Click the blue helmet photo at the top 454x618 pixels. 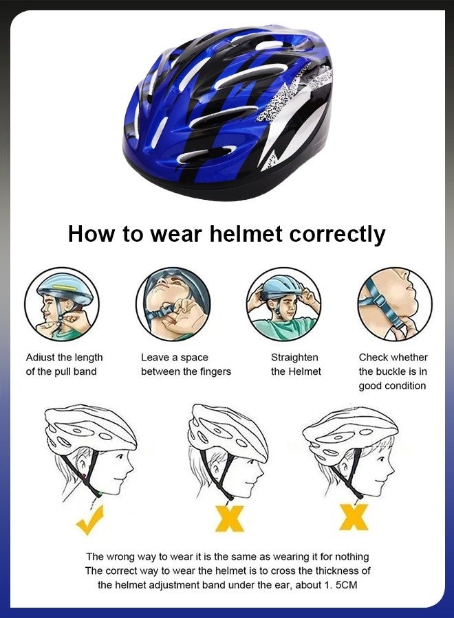pos(227,110)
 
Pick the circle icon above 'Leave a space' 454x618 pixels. pos(173,304)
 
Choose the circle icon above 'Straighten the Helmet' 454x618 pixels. pos(283,304)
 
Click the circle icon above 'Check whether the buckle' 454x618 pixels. pos(394,304)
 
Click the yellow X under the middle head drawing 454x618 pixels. pos(228,518)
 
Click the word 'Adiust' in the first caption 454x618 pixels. pos(41,358)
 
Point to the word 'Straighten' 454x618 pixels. pos(294,358)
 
